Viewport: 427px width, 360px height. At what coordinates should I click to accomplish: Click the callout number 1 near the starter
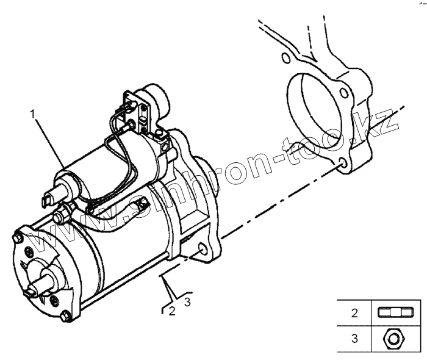32,113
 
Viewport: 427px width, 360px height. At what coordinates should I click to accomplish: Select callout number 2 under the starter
173,311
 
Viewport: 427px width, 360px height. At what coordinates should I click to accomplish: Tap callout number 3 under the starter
188,302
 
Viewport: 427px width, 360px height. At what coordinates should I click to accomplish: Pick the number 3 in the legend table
354,337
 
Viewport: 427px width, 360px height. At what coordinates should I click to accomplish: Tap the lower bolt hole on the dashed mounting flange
343,163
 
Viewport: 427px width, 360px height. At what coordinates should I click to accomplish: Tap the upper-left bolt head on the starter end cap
18,237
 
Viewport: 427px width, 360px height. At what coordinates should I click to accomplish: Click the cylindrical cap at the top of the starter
157,98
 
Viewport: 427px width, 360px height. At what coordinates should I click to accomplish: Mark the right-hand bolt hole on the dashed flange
345,93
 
